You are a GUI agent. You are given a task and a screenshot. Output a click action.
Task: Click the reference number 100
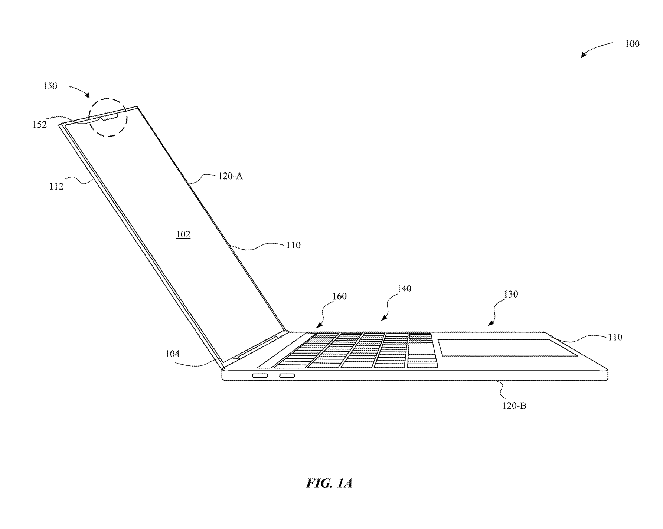632,44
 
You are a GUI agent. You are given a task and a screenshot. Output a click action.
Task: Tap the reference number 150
50,86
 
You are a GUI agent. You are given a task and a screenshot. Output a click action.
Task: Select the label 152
40,125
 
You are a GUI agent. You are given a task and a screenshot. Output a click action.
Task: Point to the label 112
56,186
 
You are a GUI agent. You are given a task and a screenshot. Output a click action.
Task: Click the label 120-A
230,176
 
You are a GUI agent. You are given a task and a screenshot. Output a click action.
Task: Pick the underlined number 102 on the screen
183,234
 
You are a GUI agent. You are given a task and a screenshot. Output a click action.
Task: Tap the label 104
172,354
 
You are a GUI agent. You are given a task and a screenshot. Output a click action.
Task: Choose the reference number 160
339,296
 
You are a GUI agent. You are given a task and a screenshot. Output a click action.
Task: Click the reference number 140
404,289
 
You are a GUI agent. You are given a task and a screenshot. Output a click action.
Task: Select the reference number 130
510,294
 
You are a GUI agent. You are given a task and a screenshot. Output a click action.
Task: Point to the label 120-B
514,406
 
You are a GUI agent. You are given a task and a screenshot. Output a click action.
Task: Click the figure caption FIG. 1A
329,483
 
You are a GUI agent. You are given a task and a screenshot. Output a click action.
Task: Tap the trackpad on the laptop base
507,348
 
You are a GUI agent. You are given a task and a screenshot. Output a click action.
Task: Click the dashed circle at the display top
108,99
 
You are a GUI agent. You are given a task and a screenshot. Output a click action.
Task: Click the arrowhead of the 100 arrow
583,56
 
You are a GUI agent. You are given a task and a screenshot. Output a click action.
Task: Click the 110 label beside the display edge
293,245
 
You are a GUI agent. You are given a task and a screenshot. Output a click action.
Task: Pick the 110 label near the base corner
615,337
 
